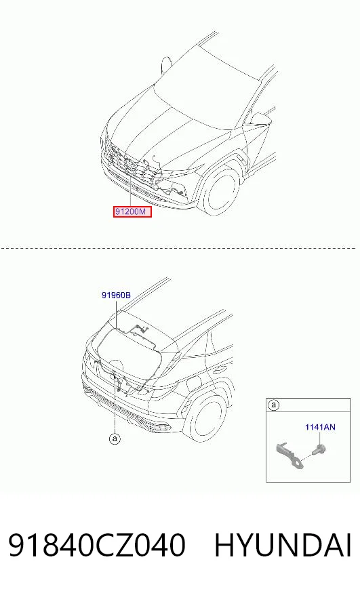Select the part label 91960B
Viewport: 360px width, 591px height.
(116, 295)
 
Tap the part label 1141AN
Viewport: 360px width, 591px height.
(320, 427)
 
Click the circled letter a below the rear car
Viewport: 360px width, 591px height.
(115, 439)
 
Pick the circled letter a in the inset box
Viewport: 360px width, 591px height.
(274, 405)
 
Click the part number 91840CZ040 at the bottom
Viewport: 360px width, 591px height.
(97, 545)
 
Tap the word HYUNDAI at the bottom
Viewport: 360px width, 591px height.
(283, 545)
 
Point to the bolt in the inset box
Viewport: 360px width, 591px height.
(319, 449)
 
